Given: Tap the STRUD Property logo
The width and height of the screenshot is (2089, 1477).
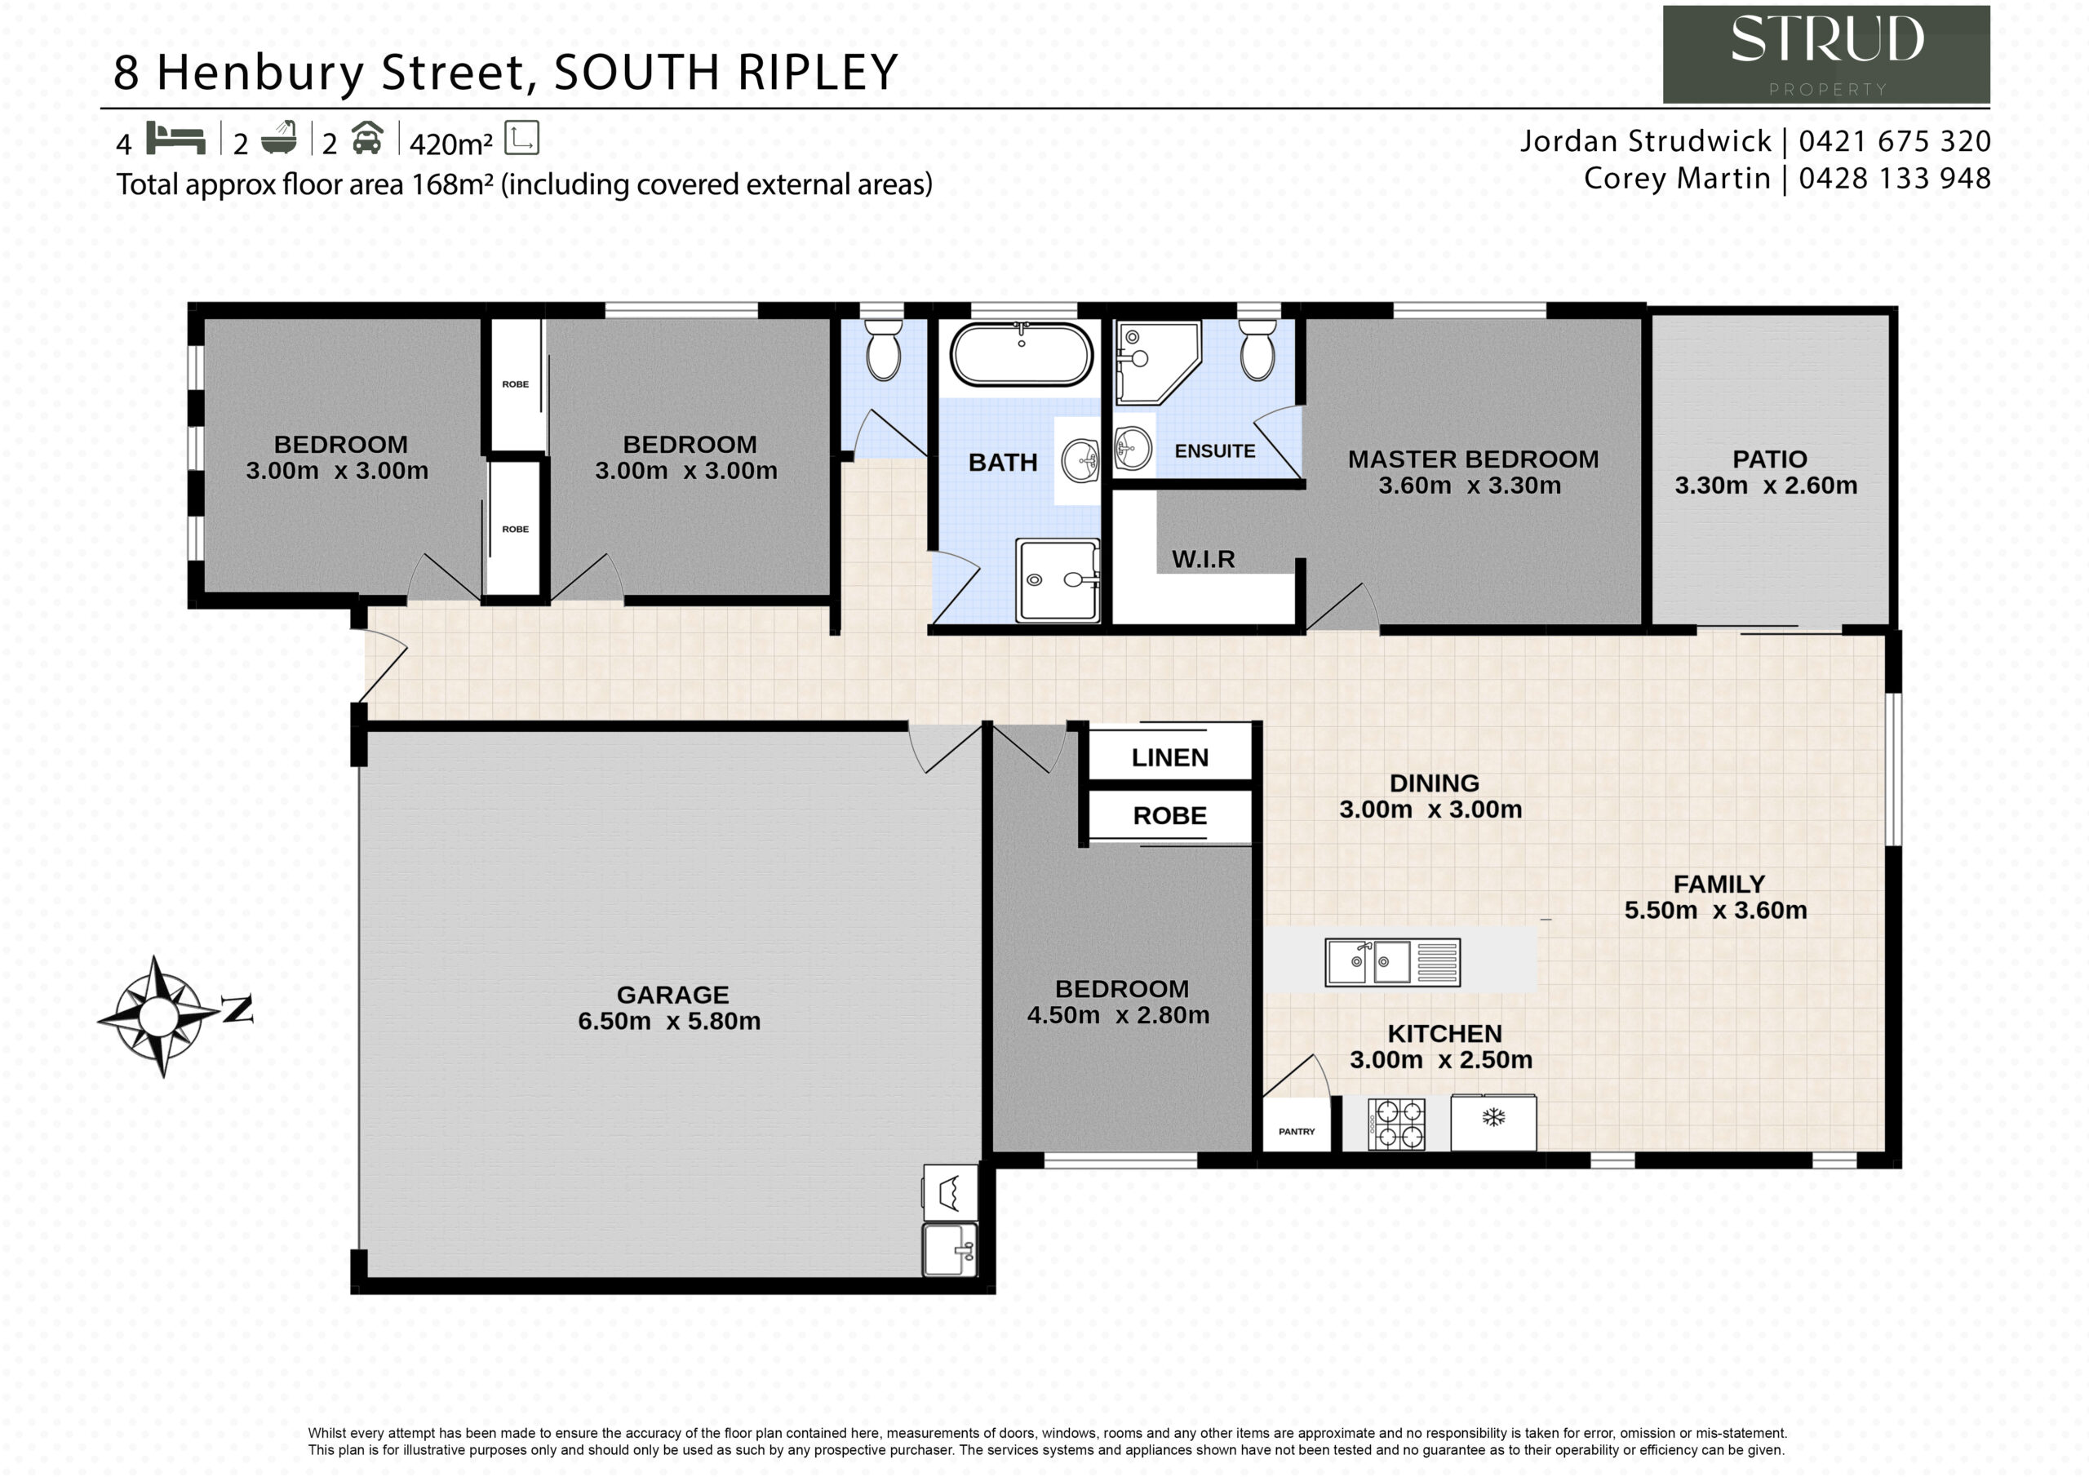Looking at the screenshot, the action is [x=1826, y=55].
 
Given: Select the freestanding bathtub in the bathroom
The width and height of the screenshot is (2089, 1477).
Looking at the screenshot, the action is [x=1021, y=354].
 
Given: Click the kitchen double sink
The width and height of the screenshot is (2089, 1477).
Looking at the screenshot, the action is [x=1392, y=963].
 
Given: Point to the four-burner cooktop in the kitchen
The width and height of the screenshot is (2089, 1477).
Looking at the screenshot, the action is [x=1396, y=1124].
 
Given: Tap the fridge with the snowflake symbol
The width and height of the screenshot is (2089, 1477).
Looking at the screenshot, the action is [x=1493, y=1123].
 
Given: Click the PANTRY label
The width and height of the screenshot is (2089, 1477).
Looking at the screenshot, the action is [x=1297, y=1131].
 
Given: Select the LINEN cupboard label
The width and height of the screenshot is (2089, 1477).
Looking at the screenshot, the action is [x=1170, y=757].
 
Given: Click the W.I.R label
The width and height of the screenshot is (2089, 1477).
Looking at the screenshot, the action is [x=1203, y=559].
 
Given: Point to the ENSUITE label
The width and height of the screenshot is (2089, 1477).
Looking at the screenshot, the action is [x=1215, y=450].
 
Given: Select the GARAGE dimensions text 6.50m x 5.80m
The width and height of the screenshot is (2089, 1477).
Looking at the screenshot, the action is [x=669, y=1021].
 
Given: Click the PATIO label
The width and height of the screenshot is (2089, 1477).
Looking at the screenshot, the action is [x=1770, y=459].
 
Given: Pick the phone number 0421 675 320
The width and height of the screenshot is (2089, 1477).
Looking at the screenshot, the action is [x=1894, y=141].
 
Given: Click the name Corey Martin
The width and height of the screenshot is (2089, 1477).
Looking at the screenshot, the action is [x=1677, y=179].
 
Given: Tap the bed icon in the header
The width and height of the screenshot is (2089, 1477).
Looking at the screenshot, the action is [x=175, y=139].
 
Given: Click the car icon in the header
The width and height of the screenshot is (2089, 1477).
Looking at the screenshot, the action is [x=366, y=139].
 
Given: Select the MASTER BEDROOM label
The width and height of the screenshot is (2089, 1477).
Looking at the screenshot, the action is [x=1473, y=459].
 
